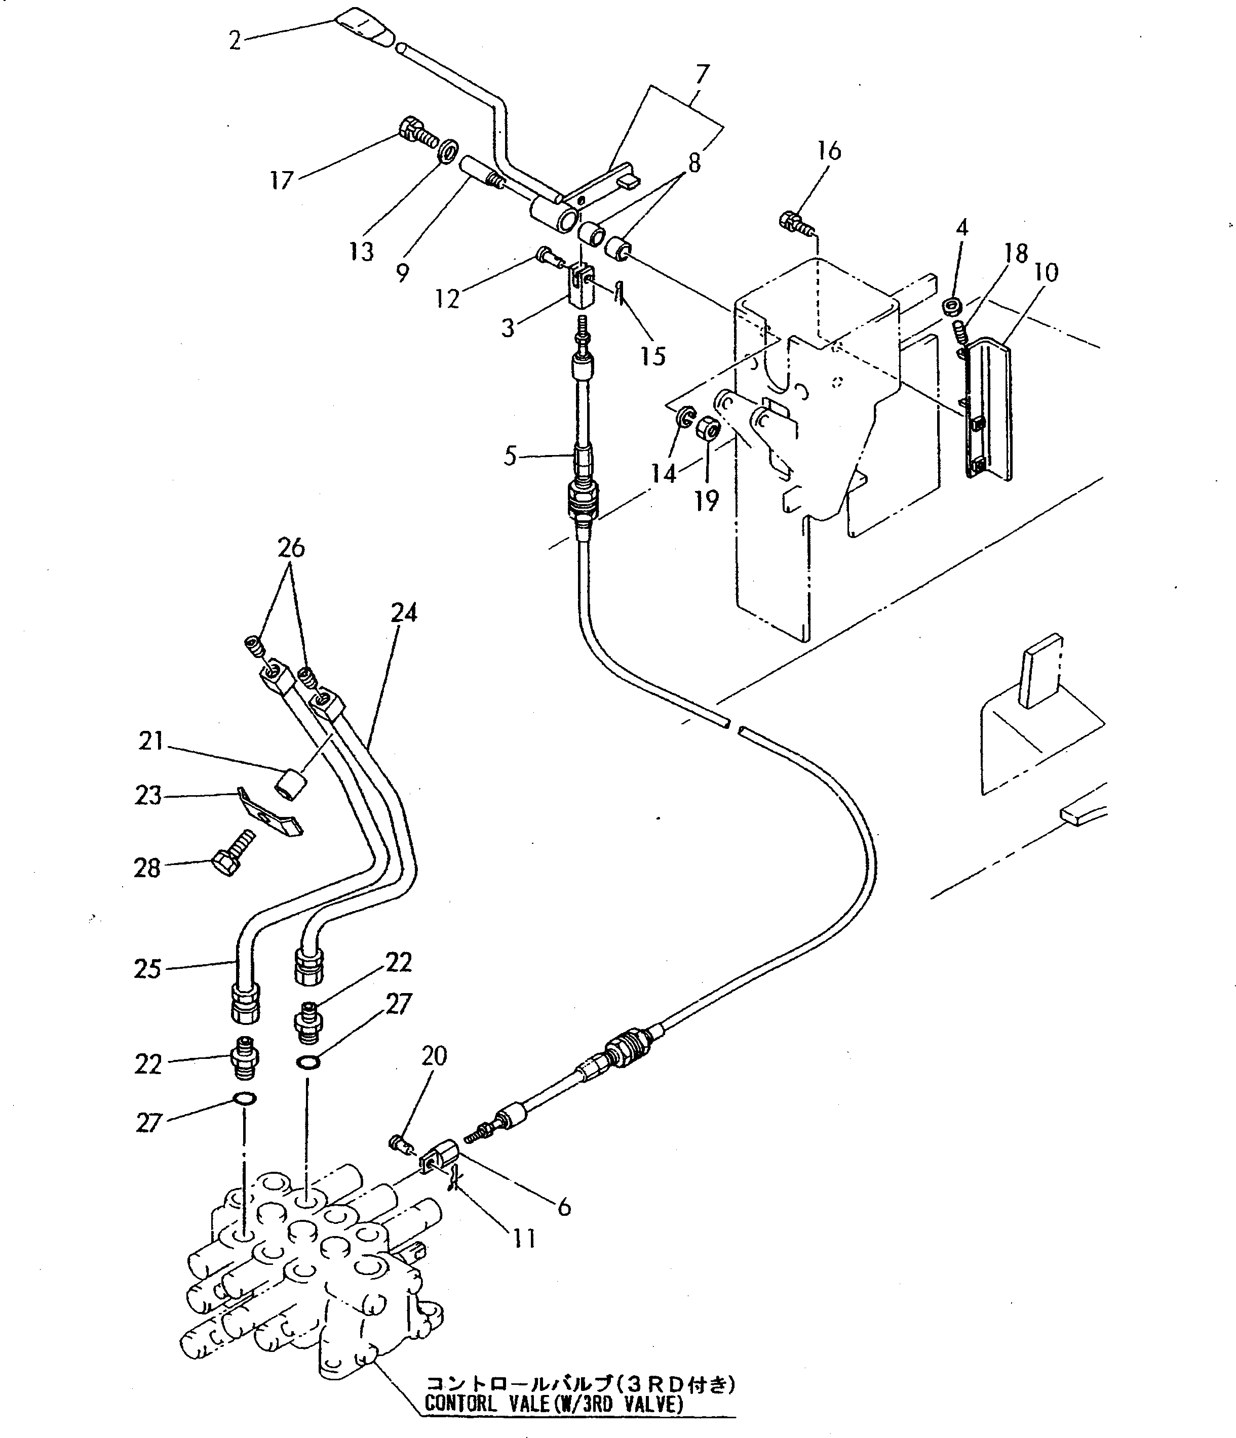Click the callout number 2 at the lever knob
click(235, 41)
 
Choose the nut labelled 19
click(708, 428)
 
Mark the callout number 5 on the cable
click(511, 456)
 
